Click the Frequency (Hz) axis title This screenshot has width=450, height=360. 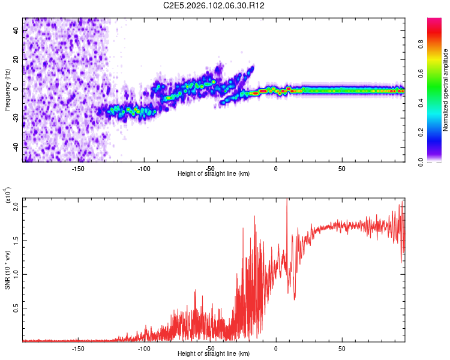pyautogui.click(x=7, y=90)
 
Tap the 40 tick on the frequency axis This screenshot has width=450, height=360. pyautogui.click(x=16, y=30)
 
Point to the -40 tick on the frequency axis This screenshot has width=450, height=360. pyautogui.click(x=16, y=147)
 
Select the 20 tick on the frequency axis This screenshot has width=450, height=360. pyautogui.click(x=16, y=59)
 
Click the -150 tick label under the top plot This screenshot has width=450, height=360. pyautogui.click(x=78, y=169)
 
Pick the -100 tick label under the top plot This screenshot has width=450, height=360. pyautogui.click(x=144, y=169)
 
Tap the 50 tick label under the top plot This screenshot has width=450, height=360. pyautogui.click(x=341, y=169)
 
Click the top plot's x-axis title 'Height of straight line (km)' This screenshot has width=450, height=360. pyautogui.click(x=214, y=174)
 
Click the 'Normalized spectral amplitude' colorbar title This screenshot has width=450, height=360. pyautogui.click(x=445, y=90)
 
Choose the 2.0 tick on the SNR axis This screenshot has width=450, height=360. pyautogui.click(x=16, y=206)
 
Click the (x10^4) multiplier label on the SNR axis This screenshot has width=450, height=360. pyautogui.click(x=8, y=196)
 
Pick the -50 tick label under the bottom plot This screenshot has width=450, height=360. pyautogui.click(x=210, y=349)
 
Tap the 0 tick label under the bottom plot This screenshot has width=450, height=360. pyautogui.click(x=276, y=349)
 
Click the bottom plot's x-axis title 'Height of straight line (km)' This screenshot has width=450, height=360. pyautogui.click(x=214, y=354)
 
